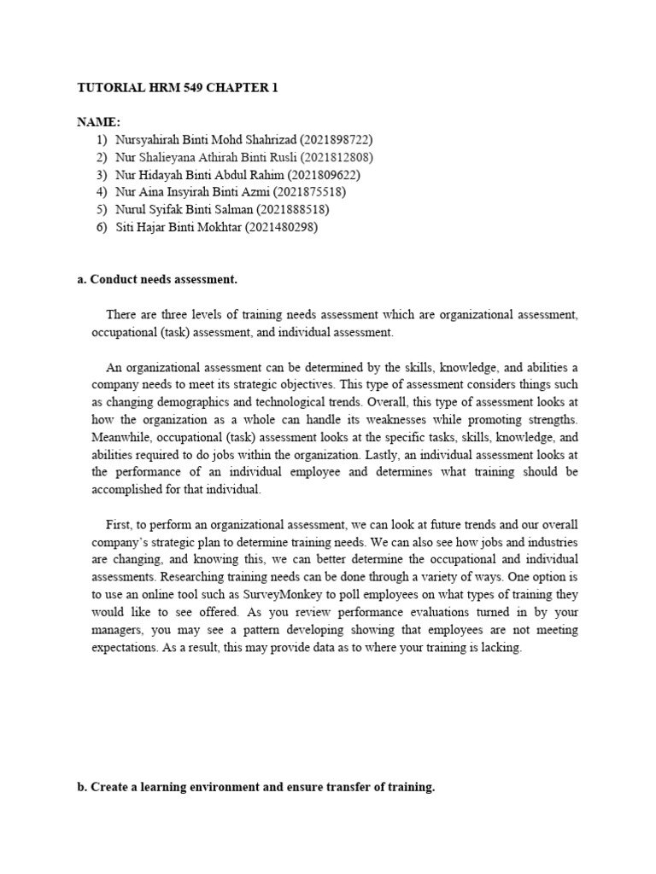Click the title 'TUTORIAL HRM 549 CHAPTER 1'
coord(178,88)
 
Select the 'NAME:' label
coord(98,122)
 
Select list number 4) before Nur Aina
coord(102,192)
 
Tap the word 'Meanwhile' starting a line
coord(122,437)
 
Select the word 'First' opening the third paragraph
coord(120,524)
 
